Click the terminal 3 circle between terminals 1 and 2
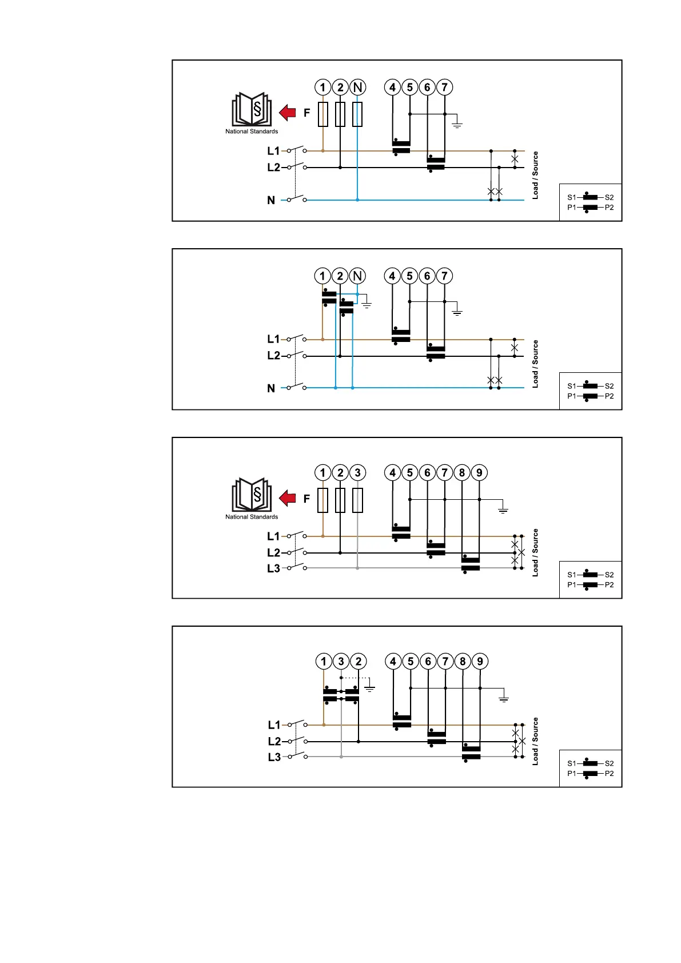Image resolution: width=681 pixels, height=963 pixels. (341, 662)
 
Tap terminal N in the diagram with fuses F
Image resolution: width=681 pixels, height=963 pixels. (357, 87)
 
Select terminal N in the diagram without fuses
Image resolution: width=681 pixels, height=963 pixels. (357, 276)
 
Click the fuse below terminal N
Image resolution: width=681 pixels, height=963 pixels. (357, 114)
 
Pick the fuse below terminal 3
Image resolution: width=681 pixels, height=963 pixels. (357, 500)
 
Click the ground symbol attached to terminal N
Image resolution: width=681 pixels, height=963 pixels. (367, 304)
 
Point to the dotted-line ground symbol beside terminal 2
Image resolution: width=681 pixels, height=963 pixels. (370, 688)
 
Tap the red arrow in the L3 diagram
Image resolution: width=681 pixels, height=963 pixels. (288, 498)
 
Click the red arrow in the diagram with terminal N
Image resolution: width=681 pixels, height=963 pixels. (288, 113)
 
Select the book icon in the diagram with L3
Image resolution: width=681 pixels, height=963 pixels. (252, 495)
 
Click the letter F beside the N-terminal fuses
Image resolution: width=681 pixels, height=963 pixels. (306, 113)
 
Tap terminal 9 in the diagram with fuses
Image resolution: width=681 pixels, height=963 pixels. (479, 473)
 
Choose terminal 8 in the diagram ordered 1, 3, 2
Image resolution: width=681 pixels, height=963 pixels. (463, 662)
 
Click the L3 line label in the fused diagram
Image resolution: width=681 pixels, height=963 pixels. (273, 568)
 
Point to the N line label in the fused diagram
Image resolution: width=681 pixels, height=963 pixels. (271, 200)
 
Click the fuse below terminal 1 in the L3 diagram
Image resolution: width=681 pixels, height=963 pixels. (323, 500)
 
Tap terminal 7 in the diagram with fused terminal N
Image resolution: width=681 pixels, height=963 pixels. (444, 87)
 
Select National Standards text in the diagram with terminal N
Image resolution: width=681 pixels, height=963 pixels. (252, 132)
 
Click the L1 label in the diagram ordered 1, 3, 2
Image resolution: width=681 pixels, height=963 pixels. (274, 725)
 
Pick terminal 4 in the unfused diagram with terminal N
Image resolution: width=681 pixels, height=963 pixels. (392, 276)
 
